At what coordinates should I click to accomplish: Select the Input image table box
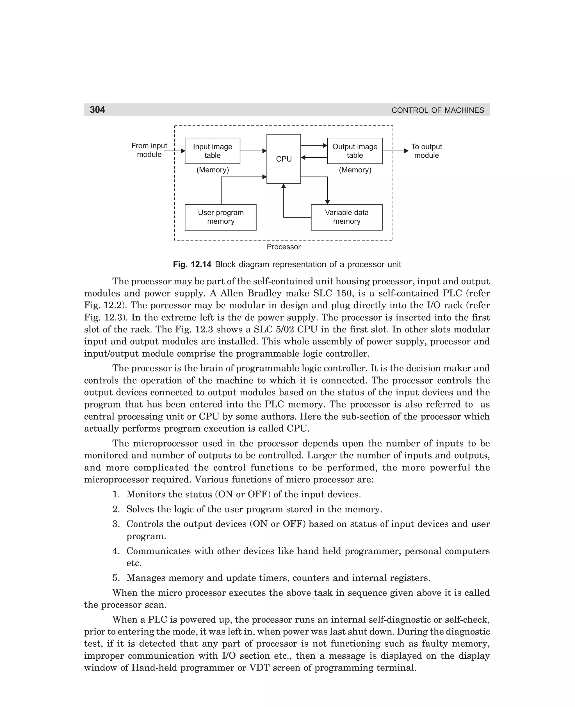click(212, 151)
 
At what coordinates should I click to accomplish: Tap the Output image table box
click(354, 151)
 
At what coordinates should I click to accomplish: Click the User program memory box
click(221, 217)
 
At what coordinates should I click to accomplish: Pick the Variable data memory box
click(346, 217)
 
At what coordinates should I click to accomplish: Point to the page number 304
click(97, 110)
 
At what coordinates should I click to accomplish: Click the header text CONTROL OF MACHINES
click(437, 110)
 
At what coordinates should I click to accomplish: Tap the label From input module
click(149, 150)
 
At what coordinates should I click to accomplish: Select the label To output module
click(426, 151)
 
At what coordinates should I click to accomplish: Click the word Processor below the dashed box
click(284, 247)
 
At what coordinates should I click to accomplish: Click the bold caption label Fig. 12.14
click(192, 264)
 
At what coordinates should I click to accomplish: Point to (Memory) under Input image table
click(213, 170)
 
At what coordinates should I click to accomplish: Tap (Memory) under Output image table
click(355, 170)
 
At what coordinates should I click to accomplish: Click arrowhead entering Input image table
click(183, 151)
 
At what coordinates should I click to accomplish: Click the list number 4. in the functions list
click(116, 551)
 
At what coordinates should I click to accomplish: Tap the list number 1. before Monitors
click(116, 494)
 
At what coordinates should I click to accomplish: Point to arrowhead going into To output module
click(407, 151)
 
